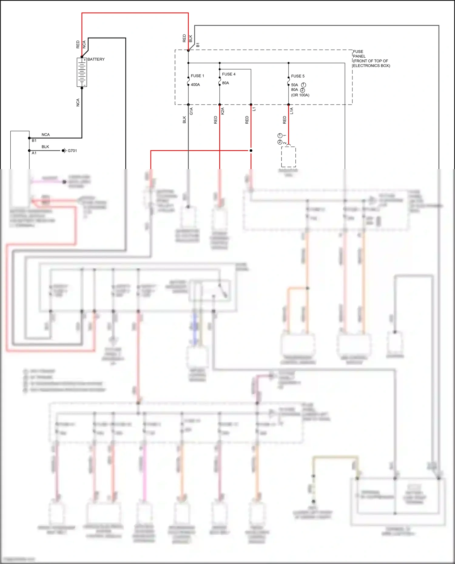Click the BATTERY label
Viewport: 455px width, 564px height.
96,59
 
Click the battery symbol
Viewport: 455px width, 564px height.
82,72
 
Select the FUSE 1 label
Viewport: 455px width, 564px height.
197,76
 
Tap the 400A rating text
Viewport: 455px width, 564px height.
195,85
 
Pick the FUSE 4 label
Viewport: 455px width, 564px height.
228,74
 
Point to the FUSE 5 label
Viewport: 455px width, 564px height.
298,76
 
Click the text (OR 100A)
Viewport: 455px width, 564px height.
300,95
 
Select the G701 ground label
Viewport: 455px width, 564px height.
72,151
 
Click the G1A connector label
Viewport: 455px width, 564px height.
191,111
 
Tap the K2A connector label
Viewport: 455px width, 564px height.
223,111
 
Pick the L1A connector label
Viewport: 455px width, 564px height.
292,111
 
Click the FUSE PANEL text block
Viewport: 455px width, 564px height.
371,59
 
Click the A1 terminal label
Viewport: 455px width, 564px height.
34,153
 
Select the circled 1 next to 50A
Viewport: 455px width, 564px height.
303,85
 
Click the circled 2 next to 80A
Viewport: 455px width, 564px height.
302,90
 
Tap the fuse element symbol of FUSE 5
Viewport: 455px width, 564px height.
288,81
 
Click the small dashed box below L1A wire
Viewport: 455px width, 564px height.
288,157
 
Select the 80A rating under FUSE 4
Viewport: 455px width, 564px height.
225,83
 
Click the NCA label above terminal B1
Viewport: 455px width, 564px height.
45,135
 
